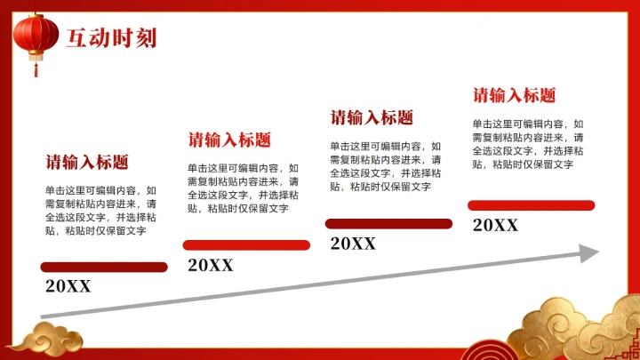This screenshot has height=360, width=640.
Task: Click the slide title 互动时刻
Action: (x=111, y=37)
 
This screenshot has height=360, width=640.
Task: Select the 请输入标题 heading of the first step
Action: (x=87, y=162)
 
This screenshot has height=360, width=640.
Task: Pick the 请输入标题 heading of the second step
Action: (x=229, y=140)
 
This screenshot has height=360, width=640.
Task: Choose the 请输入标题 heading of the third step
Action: (x=372, y=117)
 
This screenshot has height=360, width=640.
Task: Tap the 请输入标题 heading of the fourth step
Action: (x=514, y=95)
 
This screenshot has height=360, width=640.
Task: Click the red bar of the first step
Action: (x=104, y=267)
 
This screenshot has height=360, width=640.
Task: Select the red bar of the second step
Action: (x=246, y=244)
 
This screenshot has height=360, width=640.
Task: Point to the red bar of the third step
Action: (x=388, y=224)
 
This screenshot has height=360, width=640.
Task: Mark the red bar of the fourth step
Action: (x=531, y=205)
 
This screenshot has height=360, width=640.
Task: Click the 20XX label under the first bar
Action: (x=68, y=286)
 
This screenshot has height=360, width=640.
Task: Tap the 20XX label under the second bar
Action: (x=211, y=264)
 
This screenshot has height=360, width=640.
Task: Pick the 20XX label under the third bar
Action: (x=353, y=244)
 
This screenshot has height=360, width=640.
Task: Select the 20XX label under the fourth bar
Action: (x=495, y=225)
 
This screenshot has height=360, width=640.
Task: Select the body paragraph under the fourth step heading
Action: (x=528, y=144)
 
